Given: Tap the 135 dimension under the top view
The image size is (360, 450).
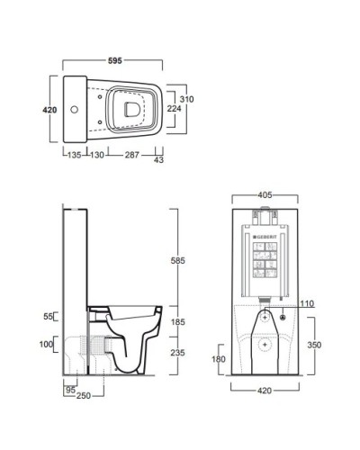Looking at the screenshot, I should coord(74,155).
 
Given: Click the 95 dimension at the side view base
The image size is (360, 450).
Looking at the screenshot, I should coord(69,391).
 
